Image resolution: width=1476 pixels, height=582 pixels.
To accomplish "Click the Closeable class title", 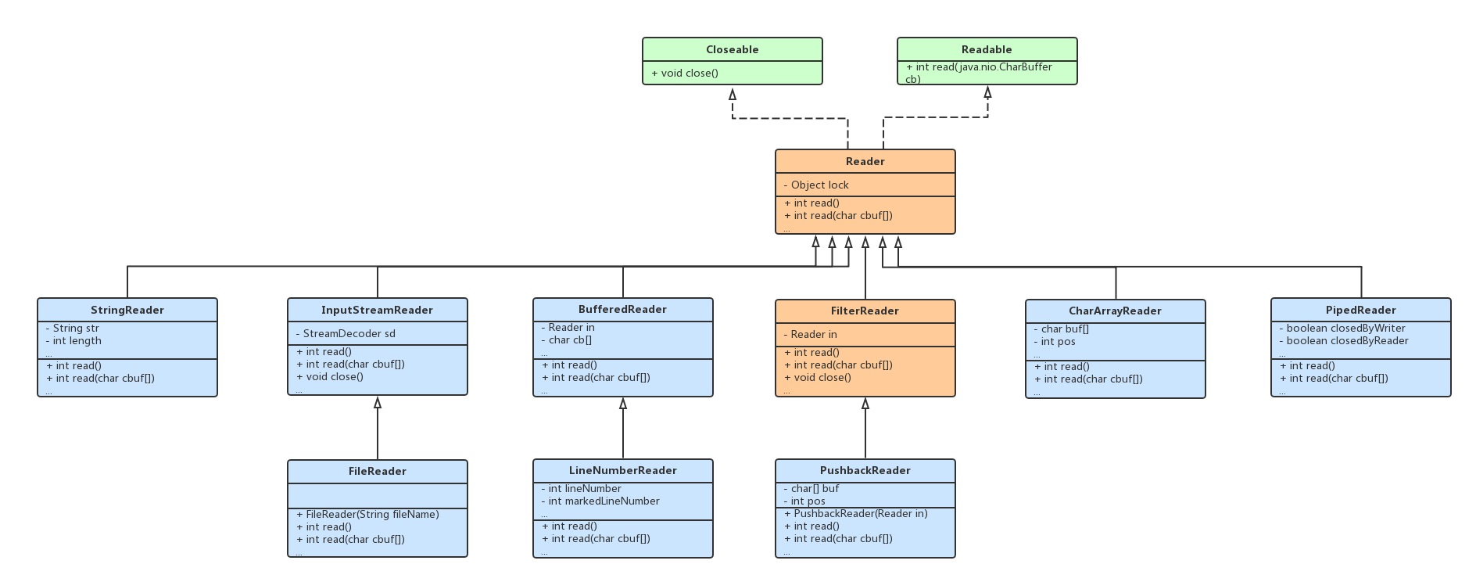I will click(x=732, y=49).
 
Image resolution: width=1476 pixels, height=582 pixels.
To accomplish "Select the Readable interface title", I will click(x=987, y=49).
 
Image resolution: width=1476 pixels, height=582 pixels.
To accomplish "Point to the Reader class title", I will click(x=865, y=161).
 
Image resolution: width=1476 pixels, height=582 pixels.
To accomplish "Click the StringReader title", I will click(x=127, y=310).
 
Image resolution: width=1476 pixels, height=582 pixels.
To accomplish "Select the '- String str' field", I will click(x=73, y=328).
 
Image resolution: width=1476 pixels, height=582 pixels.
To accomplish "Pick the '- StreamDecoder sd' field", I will click(x=346, y=333).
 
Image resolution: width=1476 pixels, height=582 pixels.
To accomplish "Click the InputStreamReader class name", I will click(x=377, y=310).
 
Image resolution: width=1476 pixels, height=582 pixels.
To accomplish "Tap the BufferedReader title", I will click(x=622, y=309).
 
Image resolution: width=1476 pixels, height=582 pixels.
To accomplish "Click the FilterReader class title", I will click(x=865, y=311).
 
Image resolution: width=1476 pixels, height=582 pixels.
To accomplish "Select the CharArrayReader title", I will click(x=1115, y=311).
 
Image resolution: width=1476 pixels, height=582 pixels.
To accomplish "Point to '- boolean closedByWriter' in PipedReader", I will click(x=1342, y=328).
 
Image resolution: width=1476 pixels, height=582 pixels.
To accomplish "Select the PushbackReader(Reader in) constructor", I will click(x=856, y=513).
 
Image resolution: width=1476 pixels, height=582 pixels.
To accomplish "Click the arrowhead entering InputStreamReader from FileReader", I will click(x=378, y=403).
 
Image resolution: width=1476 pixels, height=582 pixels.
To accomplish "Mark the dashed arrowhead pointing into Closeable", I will click(x=733, y=94).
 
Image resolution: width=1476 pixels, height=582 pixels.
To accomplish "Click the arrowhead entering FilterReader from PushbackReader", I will click(x=865, y=404).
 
